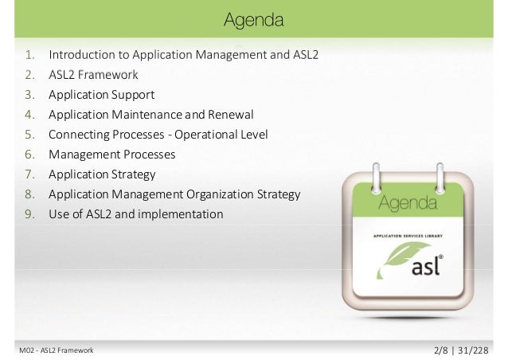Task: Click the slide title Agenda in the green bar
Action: point(253,18)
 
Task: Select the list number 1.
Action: point(29,56)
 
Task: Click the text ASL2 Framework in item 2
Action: point(93,76)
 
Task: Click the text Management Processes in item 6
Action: point(111,155)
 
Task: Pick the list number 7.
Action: point(29,174)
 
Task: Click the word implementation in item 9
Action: point(184,214)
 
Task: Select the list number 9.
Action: point(29,214)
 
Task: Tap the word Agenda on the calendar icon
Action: point(407,204)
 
